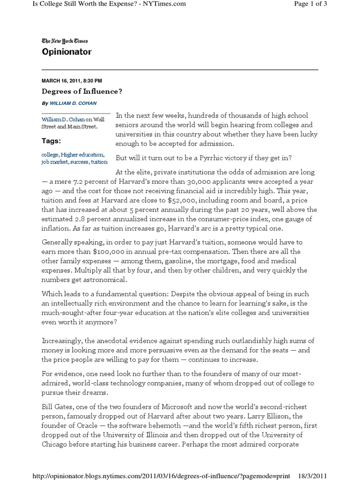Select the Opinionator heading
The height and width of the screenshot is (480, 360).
(67, 52)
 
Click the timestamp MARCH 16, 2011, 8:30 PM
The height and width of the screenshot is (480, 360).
(72, 81)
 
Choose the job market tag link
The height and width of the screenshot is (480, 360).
(56, 162)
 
